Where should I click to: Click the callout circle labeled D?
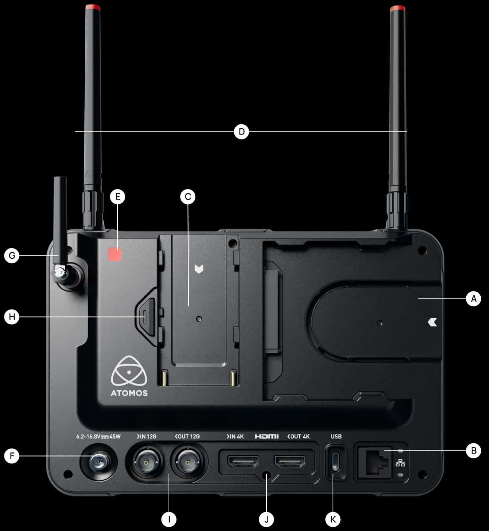[241, 132]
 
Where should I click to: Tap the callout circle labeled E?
[118, 197]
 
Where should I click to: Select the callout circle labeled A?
[474, 299]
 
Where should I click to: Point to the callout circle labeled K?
[333, 519]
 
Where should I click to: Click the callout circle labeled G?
[12, 256]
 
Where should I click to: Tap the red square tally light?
[115, 254]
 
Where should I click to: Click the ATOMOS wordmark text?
[129, 393]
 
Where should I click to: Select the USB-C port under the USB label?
[335, 461]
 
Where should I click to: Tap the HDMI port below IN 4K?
[243, 461]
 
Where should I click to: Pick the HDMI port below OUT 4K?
[290, 461]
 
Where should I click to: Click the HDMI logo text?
[266, 436]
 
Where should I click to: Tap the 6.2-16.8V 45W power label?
[99, 437]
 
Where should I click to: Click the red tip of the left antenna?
[93, 8]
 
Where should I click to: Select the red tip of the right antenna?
[398, 8]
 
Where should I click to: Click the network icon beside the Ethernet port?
[400, 463]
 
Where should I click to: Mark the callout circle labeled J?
[266, 519]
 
